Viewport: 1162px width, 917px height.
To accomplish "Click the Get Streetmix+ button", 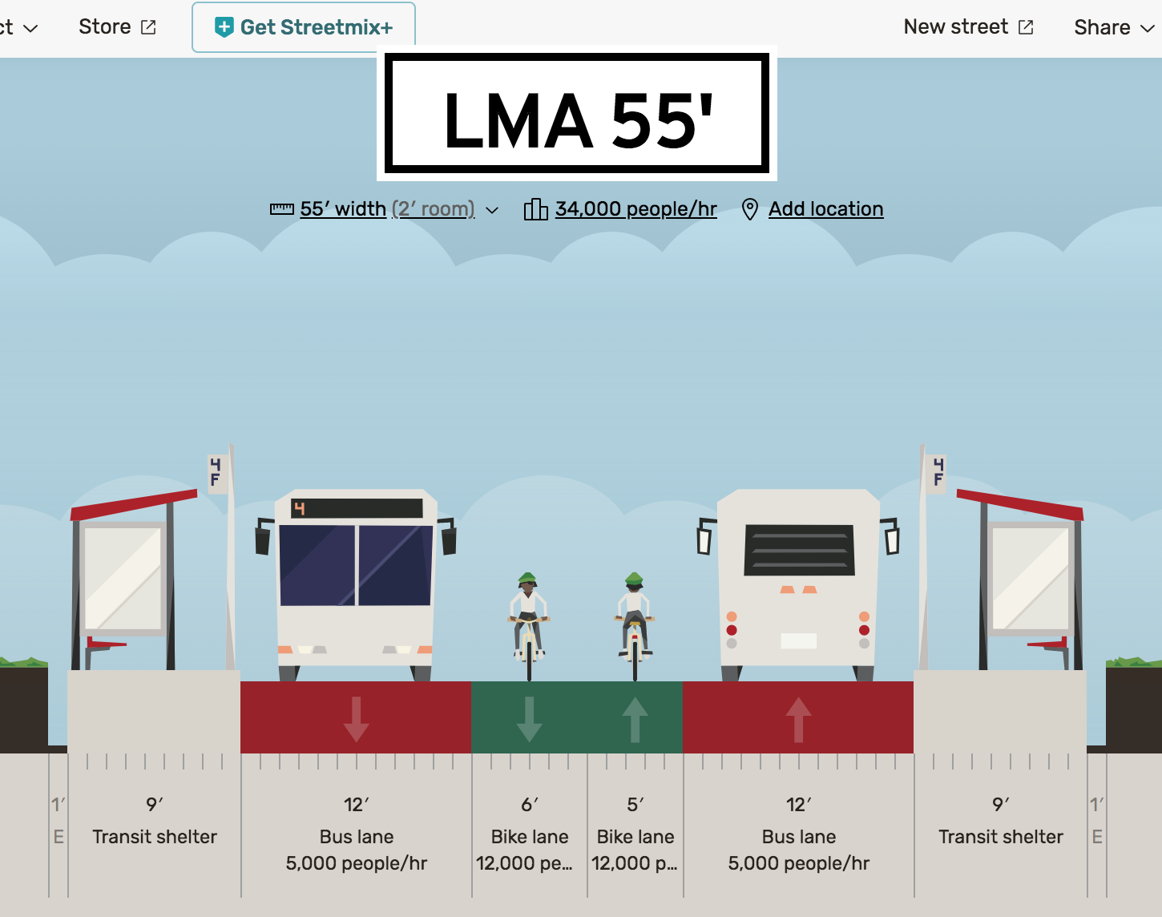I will (304, 27).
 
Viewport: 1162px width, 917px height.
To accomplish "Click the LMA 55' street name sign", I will (577, 114).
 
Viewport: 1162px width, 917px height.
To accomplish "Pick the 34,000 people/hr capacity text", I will (635, 209).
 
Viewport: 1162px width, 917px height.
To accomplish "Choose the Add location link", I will (825, 209).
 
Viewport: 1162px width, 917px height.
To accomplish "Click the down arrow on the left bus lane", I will (356, 719).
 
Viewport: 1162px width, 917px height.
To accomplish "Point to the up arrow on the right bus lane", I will (798, 719).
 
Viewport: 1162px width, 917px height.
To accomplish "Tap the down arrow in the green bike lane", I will (529, 719).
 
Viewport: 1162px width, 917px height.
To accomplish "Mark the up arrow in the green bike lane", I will (635, 719).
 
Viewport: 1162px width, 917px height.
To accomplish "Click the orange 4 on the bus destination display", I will (300, 508).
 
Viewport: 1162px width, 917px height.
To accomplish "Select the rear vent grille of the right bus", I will (799, 550).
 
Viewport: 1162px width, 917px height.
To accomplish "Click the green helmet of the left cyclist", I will (527, 578).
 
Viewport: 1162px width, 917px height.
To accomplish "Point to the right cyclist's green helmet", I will (634, 578).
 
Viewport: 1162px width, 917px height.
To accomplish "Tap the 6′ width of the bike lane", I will (530, 804).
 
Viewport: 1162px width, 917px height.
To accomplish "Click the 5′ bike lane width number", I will (635, 804).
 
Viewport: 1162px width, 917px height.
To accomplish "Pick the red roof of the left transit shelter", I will (134, 504).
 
